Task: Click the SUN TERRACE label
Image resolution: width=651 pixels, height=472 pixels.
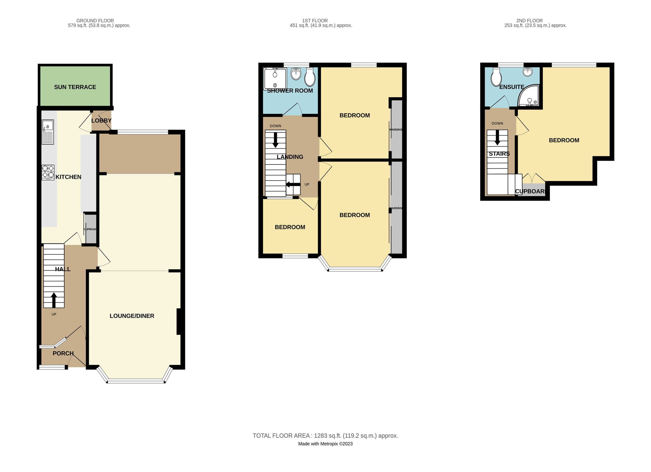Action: point(75,87)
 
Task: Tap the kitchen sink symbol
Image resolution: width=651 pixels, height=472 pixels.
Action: point(48,132)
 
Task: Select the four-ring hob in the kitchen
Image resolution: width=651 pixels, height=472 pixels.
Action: point(48,172)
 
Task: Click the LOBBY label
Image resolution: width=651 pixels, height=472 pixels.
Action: point(101,121)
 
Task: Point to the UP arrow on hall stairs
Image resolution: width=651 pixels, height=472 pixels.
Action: point(54,300)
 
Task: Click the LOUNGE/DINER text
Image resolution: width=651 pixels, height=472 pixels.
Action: point(132,316)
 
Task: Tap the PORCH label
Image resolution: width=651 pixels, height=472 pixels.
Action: point(63,354)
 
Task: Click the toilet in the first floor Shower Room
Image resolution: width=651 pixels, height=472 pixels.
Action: point(310,77)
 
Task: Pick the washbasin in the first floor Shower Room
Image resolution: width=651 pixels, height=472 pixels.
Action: point(296,74)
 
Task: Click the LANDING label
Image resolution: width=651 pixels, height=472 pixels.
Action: point(290,157)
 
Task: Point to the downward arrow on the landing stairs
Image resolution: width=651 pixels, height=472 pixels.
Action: point(275,140)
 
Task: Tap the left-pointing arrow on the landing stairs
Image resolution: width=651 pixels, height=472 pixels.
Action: point(292,185)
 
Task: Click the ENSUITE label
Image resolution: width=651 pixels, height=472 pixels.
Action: point(512,87)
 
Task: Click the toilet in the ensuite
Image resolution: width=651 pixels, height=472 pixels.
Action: point(496,77)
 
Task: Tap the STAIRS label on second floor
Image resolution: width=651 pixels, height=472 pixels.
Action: point(499,154)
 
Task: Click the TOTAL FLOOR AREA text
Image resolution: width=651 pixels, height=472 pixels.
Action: point(325,436)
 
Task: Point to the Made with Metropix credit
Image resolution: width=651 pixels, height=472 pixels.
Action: point(325,444)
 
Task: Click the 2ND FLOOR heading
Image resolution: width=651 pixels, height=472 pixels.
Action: point(529,21)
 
